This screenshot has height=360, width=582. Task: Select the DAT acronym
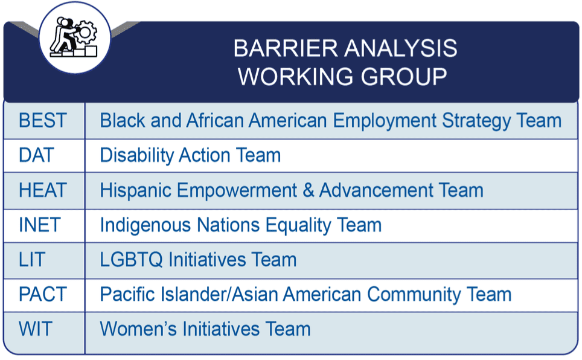click(37, 155)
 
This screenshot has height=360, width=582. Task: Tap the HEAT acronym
click(43, 190)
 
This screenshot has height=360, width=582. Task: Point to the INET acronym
click(40, 225)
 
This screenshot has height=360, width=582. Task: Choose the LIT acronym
click(32, 260)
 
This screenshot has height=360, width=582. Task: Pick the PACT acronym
click(43, 295)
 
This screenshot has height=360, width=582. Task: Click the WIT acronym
click(36, 329)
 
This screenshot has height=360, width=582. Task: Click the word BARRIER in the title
click(286, 48)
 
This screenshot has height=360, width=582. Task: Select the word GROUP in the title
click(404, 77)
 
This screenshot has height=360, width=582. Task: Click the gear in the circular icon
click(85, 33)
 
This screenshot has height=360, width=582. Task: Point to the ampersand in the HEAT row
click(308, 190)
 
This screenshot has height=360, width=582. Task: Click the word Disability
click(136, 156)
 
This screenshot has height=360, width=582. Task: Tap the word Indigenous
click(145, 225)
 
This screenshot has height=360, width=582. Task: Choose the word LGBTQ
click(132, 260)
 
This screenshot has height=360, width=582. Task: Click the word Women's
click(138, 329)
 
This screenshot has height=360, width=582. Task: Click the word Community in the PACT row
click(414, 295)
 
